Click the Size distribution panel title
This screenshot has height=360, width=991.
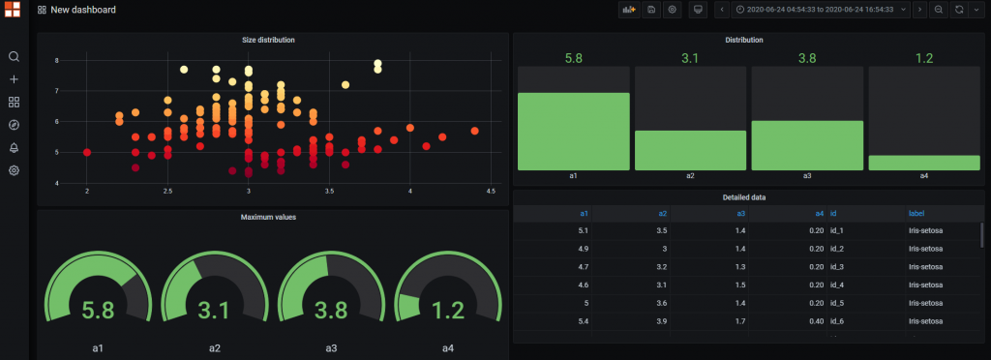click(x=268, y=40)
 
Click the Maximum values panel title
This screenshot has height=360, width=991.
click(x=268, y=217)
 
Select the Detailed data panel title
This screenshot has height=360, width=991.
click(x=743, y=197)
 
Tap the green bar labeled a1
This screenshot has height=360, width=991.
click(x=573, y=132)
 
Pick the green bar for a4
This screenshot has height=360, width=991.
click(x=923, y=163)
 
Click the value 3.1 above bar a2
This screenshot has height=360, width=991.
click(x=690, y=58)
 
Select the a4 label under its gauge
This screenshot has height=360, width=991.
click(x=448, y=347)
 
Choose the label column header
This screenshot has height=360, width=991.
click(x=916, y=213)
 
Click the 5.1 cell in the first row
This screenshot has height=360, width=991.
click(x=583, y=230)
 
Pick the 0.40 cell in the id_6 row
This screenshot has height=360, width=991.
click(x=816, y=320)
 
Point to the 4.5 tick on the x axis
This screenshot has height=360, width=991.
click(x=491, y=191)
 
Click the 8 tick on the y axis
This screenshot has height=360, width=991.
click(x=57, y=60)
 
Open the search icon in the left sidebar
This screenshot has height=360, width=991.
click(x=14, y=56)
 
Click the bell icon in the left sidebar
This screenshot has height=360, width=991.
click(x=14, y=147)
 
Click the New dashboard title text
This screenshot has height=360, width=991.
click(x=83, y=10)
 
